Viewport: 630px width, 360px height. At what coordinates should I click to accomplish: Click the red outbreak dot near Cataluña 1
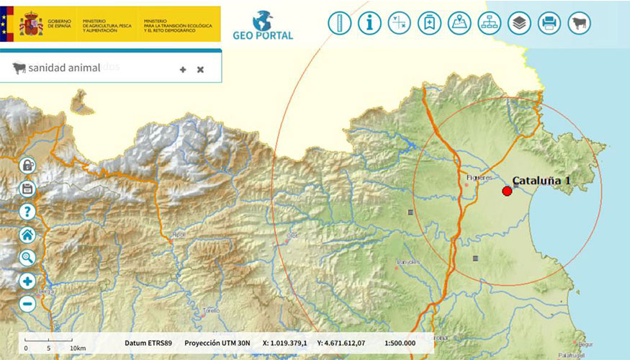[507, 191]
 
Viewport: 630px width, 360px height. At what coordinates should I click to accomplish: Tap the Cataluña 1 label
[541, 181]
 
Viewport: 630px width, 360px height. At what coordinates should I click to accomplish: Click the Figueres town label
[479, 177]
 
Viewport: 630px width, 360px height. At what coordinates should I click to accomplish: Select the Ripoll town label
[179, 235]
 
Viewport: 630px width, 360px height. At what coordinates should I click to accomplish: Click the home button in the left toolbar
[28, 234]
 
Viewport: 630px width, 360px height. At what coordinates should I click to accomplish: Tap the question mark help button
[28, 212]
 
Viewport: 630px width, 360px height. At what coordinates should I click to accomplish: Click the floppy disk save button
[28, 189]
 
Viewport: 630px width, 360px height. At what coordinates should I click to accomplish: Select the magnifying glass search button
[28, 257]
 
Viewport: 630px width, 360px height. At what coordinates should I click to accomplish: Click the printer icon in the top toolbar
[549, 23]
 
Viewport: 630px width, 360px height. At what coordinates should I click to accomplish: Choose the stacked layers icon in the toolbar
[518, 23]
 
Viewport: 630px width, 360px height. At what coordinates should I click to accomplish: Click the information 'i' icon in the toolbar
[369, 23]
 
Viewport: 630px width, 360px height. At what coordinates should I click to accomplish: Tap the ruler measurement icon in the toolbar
[339, 23]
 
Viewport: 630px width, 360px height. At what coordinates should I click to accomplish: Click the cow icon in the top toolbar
[579, 23]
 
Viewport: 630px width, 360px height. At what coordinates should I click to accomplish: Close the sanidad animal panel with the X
[200, 70]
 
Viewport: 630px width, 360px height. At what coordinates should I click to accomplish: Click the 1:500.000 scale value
[400, 343]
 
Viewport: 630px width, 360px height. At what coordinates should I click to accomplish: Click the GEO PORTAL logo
[263, 25]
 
